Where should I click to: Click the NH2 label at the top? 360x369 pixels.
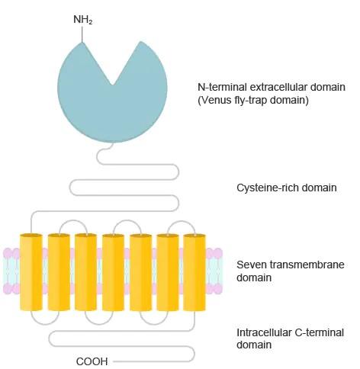(82, 20)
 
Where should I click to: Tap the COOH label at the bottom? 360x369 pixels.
(92, 361)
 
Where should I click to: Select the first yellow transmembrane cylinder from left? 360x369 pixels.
(31, 272)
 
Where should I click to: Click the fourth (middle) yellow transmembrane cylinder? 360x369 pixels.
(113, 272)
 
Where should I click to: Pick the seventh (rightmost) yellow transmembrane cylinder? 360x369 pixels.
(194, 272)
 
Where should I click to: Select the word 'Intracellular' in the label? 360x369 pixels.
(264, 332)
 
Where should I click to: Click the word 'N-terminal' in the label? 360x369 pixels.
(222, 87)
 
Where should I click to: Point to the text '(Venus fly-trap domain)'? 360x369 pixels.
(253, 100)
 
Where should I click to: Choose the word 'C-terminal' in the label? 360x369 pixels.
(320, 332)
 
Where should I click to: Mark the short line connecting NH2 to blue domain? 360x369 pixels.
(82, 34)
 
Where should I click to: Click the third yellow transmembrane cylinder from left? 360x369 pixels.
(85, 272)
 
